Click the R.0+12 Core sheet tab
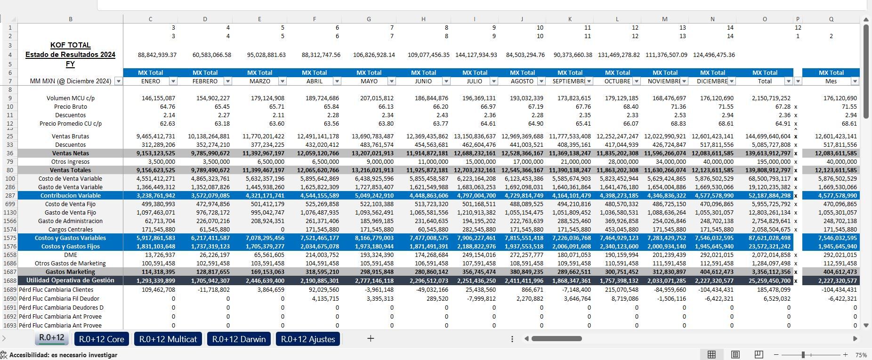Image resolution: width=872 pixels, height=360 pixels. (x=101, y=339)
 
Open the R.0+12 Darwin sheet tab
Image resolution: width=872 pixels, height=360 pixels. (x=239, y=339)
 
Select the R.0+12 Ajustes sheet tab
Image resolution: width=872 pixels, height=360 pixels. (x=308, y=339)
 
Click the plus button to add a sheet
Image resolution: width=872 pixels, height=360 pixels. (x=371, y=338)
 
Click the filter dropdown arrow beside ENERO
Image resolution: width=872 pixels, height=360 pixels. (x=173, y=81)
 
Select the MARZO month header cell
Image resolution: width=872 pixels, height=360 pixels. (x=259, y=81)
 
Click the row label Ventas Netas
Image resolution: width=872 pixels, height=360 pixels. (x=70, y=153)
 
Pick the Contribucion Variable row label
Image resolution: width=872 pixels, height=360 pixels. (x=70, y=196)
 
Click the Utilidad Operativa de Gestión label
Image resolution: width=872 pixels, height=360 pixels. (x=70, y=280)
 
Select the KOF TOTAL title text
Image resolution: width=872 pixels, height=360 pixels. (x=70, y=45)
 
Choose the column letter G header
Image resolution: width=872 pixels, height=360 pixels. (x=369, y=19)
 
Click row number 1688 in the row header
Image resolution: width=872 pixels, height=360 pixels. (x=9, y=280)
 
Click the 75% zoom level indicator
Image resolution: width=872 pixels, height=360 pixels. (x=861, y=355)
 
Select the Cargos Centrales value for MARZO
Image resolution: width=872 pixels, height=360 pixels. (x=282, y=230)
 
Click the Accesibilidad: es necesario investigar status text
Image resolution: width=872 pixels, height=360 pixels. (x=63, y=355)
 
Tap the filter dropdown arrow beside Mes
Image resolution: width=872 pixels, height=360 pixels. (x=855, y=81)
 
